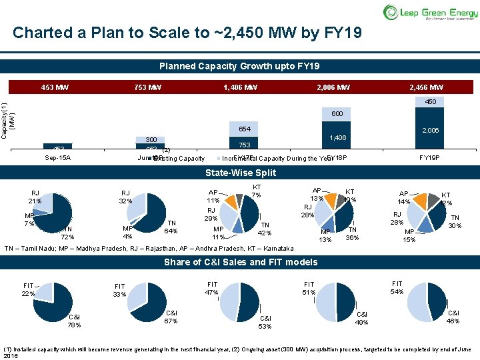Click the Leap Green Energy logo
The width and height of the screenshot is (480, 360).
tap(429, 12)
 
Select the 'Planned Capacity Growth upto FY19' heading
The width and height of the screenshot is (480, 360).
tap(239, 67)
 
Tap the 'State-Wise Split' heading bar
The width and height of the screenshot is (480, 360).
tap(239, 173)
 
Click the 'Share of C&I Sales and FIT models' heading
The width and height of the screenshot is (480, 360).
tap(239, 262)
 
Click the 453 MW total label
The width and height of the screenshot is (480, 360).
tap(55, 88)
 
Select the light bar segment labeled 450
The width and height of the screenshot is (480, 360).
tap(430, 102)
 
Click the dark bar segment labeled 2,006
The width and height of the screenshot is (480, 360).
tap(430, 131)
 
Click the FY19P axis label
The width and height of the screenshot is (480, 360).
tap(429, 157)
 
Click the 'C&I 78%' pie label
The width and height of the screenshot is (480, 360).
tap(74, 321)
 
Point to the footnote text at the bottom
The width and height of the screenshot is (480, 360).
tap(239, 352)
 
